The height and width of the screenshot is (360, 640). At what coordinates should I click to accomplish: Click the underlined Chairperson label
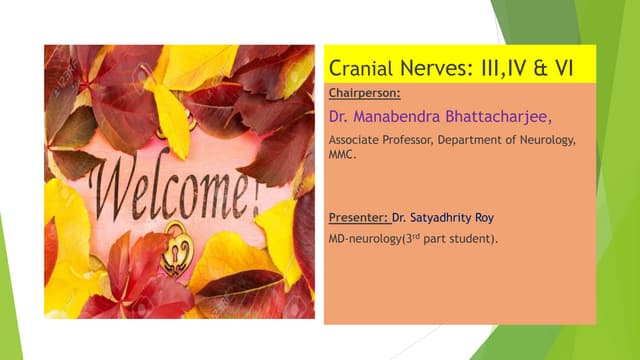click(364, 93)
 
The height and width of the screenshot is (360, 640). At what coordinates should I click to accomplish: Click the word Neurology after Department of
click(546, 141)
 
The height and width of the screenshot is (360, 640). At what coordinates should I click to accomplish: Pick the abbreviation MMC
click(343, 155)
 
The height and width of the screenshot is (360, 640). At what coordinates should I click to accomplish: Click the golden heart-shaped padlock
click(177, 246)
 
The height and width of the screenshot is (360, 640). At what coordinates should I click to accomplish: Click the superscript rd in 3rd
click(419, 236)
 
